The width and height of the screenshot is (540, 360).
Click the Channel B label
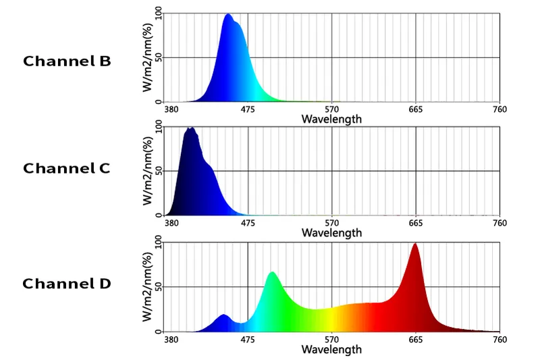pyautogui.click(x=67, y=61)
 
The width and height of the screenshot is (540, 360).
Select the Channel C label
pyautogui.click(x=66, y=169)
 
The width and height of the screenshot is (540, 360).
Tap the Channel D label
pyautogui.click(x=66, y=284)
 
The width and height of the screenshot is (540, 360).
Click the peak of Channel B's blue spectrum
pyautogui.click(x=228, y=16)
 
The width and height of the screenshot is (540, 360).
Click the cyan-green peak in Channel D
pyautogui.click(x=272, y=274)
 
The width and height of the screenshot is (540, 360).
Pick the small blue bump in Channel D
pyautogui.click(x=223, y=316)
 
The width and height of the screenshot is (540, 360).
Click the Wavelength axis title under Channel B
pyautogui.click(x=331, y=120)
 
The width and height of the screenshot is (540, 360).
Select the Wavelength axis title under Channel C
pyautogui.click(x=331, y=233)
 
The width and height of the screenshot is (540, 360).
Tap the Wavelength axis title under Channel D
pyautogui.click(x=331, y=349)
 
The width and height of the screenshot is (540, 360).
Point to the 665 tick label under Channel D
pyautogui.click(x=416, y=339)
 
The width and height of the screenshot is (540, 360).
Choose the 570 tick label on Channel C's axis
pyautogui.click(x=331, y=224)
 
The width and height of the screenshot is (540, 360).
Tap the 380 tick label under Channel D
pyautogui.click(x=171, y=339)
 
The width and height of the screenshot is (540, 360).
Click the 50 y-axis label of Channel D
pyautogui.click(x=158, y=288)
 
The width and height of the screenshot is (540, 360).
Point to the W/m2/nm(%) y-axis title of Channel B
pyautogui.click(x=148, y=57)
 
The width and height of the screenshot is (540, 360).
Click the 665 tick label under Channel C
pyautogui.click(x=416, y=224)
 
